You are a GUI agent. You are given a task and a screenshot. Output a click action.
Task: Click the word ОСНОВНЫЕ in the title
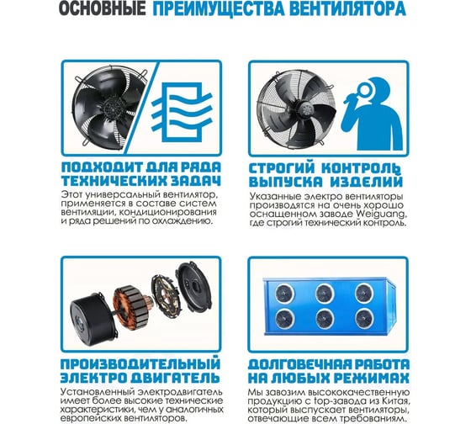[102, 8]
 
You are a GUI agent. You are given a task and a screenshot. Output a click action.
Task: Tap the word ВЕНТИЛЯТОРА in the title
[349, 8]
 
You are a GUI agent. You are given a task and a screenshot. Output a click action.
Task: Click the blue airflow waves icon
[182, 112]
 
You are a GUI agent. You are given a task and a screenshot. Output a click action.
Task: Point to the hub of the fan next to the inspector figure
[305, 110]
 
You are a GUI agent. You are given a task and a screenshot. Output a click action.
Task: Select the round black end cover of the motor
[193, 287]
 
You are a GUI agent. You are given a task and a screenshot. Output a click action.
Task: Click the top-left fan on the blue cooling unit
[285, 293]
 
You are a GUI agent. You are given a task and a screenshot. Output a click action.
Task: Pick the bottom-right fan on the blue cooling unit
[364, 318]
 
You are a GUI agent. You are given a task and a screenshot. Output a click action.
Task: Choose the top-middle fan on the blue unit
[325, 293]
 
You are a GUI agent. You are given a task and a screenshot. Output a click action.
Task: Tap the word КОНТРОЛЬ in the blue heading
[361, 168]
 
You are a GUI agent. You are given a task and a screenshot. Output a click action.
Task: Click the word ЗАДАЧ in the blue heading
[194, 181]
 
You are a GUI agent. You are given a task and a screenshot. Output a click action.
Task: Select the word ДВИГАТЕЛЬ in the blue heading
[176, 378]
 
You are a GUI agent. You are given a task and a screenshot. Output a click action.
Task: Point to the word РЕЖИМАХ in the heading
[370, 378]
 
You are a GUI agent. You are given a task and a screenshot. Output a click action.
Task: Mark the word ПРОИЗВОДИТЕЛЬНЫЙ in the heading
[140, 363]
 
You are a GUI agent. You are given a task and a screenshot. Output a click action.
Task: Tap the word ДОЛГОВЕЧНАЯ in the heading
[299, 364]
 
